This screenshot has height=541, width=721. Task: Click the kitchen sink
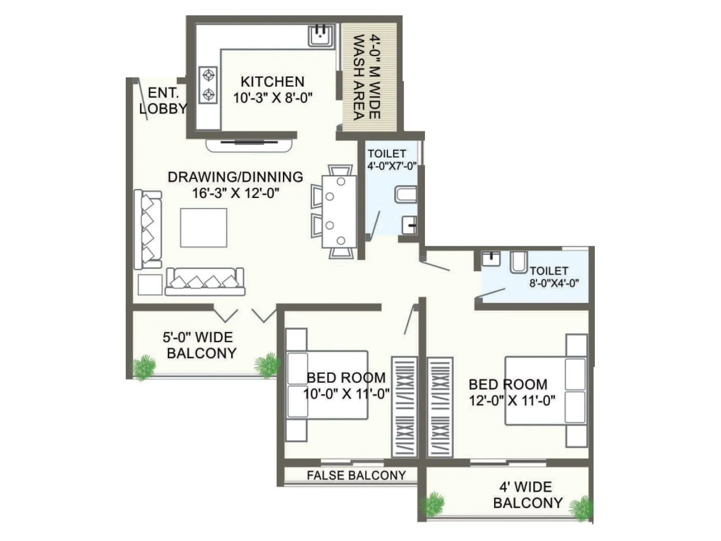click(x=321, y=36)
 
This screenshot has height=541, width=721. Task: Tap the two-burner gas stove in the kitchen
click(x=209, y=85)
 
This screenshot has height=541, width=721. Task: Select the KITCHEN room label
click(x=272, y=82)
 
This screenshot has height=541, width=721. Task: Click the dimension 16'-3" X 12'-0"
click(x=236, y=193)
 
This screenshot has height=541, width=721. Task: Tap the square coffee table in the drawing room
click(x=203, y=227)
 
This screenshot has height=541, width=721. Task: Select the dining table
click(x=339, y=211)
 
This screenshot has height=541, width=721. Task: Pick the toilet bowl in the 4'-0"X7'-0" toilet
click(x=406, y=194)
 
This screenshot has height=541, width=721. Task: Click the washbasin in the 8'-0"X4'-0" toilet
click(x=491, y=259)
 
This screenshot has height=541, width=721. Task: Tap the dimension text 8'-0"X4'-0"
click(x=554, y=284)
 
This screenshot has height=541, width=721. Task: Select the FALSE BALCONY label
click(x=356, y=475)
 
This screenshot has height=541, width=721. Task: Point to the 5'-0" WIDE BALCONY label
click(x=201, y=345)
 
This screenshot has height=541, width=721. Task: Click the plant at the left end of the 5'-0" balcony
click(x=144, y=367)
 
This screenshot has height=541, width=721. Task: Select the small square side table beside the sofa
click(x=150, y=285)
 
